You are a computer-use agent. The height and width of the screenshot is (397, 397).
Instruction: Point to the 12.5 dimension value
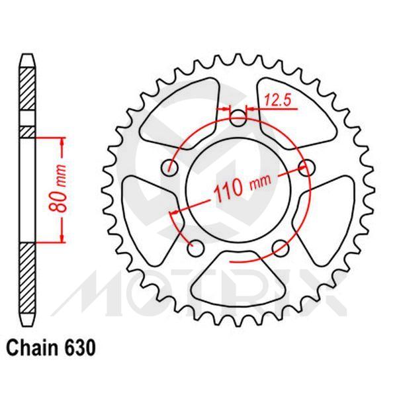pos(277,101)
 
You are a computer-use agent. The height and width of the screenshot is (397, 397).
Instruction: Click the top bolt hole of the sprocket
pos(238,118)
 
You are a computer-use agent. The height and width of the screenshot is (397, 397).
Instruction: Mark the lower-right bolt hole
pos(281,248)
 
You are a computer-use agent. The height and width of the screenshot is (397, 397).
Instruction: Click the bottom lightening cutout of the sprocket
pos(238,278)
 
